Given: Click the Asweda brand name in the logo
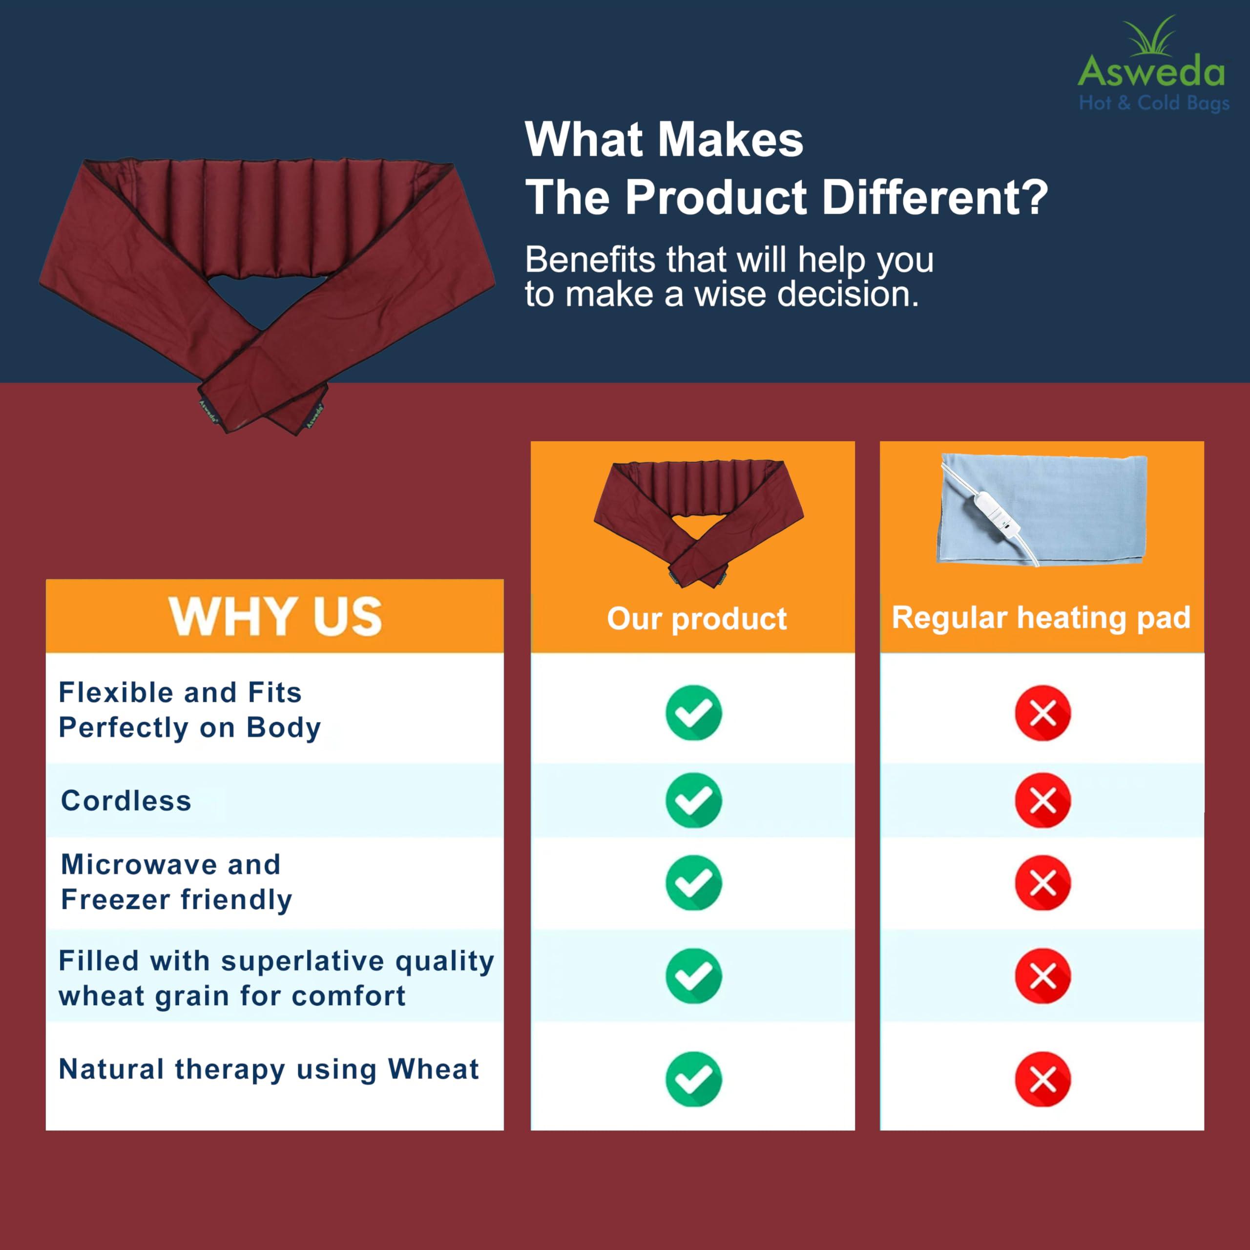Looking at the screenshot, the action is point(1151,71).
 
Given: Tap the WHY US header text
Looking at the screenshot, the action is point(275,616).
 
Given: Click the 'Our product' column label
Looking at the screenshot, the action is point(697,619).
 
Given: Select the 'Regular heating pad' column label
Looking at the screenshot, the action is point(1041,617).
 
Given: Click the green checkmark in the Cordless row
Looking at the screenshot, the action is point(693,800).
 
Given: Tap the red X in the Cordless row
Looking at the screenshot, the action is point(1043,800).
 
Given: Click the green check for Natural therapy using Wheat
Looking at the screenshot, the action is point(693,1079).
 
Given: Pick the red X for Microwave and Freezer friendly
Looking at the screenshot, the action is point(1043,882).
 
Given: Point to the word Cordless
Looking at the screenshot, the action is point(126,801).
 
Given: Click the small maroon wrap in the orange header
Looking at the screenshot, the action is point(699,523).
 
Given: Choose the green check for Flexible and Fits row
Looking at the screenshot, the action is point(693,712).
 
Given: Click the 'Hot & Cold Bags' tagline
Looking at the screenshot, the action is point(1154,104).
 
